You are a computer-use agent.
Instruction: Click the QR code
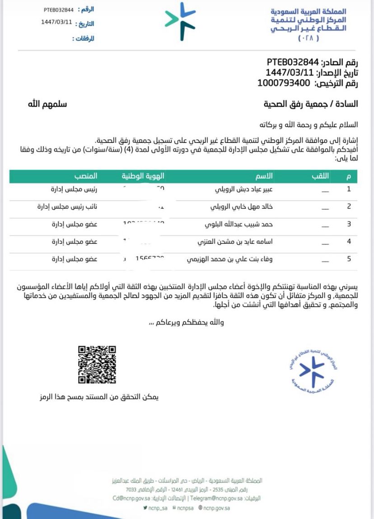(x=97, y=365)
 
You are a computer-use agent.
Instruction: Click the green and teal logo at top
(x=180, y=21)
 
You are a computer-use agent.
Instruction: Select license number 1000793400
(x=284, y=83)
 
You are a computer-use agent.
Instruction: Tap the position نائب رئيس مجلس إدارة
(x=67, y=207)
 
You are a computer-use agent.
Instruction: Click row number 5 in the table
(x=349, y=259)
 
